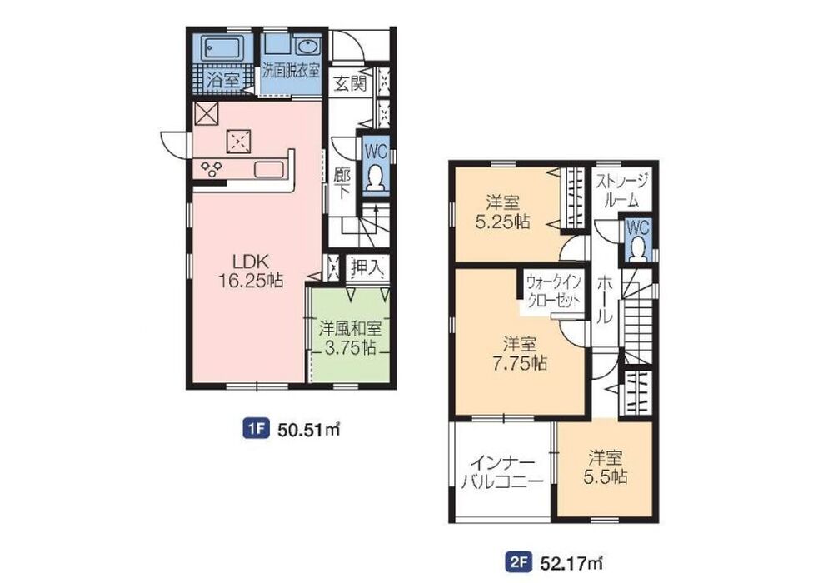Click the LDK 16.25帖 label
click(x=251, y=270)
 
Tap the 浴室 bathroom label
click(x=222, y=82)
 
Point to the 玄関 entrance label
click(x=350, y=83)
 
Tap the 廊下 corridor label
click(x=341, y=184)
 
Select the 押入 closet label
click(x=367, y=267)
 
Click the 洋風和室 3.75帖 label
click(x=350, y=338)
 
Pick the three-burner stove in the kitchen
click(x=211, y=169)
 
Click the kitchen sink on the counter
click(x=269, y=169)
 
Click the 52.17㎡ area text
click(x=572, y=561)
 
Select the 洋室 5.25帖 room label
click(x=502, y=212)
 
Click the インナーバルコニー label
click(x=502, y=471)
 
